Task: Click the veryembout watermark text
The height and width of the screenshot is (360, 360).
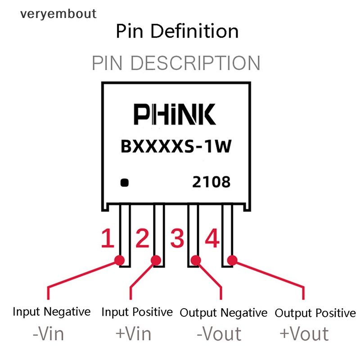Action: tap(58, 14)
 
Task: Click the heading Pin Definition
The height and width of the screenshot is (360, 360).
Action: tap(177, 31)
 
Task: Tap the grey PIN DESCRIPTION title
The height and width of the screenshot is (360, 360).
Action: tap(176, 63)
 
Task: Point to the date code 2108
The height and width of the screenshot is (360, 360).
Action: tap(211, 182)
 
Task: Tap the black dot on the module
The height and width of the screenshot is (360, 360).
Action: tap(125, 183)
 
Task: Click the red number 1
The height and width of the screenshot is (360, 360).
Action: tap(107, 239)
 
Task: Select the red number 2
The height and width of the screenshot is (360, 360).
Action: tap(142, 239)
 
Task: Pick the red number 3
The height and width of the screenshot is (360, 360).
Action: tap(177, 239)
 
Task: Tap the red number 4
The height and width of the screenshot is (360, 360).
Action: tap(212, 239)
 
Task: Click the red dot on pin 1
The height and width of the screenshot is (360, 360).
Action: tap(120, 260)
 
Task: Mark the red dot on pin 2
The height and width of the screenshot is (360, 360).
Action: tap(156, 260)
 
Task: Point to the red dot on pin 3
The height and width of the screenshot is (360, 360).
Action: tap(196, 260)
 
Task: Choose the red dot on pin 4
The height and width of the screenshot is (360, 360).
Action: tap(232, 260)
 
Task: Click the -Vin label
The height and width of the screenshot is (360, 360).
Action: tap(49, 334)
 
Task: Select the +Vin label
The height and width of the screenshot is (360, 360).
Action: tap(133, 334)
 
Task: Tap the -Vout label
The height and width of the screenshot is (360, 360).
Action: tap(219, 334)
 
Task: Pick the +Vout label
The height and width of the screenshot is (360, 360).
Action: tap(304, 334)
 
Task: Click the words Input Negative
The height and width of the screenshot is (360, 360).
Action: tap(51, 311)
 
